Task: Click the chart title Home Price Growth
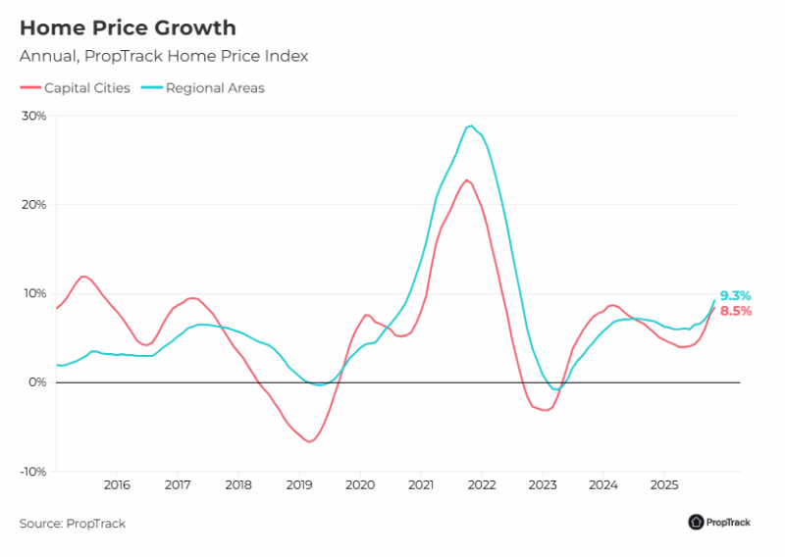click(x=128, y=27)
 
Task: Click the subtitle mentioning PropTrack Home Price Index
click(x=164, y=57)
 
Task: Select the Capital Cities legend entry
click(x=77, y=88)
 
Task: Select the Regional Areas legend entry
click(x=204, y=88)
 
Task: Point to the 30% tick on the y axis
click(x=34, y=116)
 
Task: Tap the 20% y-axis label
click(x=34, y=205)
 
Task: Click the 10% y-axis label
click(x=34, y=293)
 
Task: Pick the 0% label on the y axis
click(x=37, y=382)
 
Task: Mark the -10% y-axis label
click(x=32, y=472)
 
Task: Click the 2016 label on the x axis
click(x=117, y=485)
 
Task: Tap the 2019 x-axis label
click(x=299, y=485)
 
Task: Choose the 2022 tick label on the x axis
click(x=482, y=485)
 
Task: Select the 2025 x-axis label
click(x=664, y=485)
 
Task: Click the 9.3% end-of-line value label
click(x=735, y=295)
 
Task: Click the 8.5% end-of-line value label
click(x=735, y=311)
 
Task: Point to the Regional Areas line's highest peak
click(x=471, y=126)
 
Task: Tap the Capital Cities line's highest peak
click(x=466, y=179)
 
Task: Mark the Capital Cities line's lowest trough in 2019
click(x=309, y=441)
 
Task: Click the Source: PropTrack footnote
click(x=73, y=524)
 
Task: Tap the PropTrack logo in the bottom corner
click(x=719, y=523)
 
